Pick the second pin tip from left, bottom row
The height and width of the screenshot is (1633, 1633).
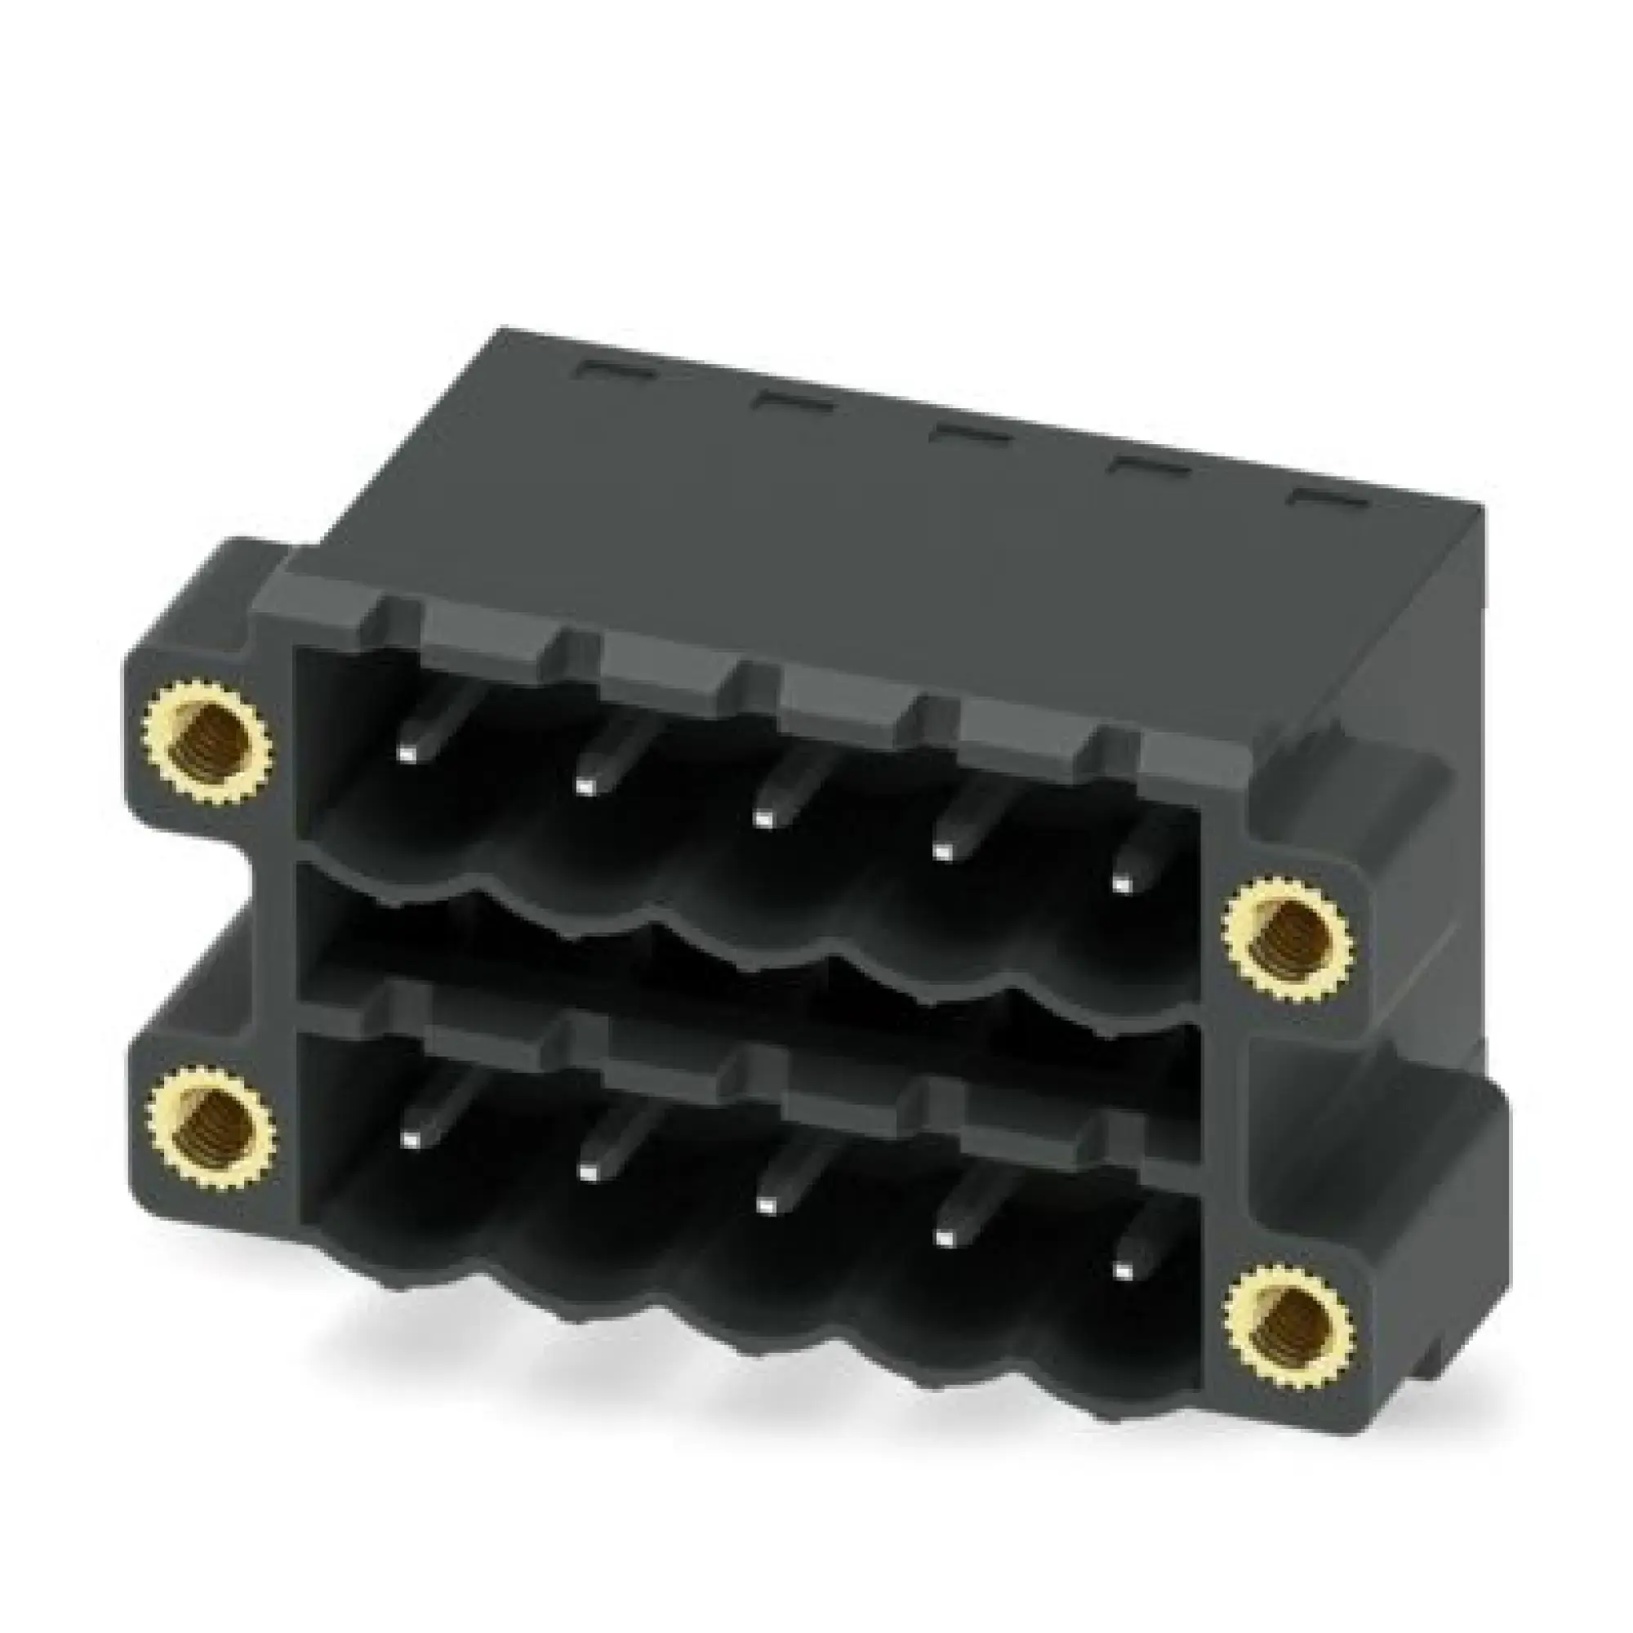point(586,1171)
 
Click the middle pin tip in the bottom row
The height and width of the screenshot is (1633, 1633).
point(765,1203)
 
